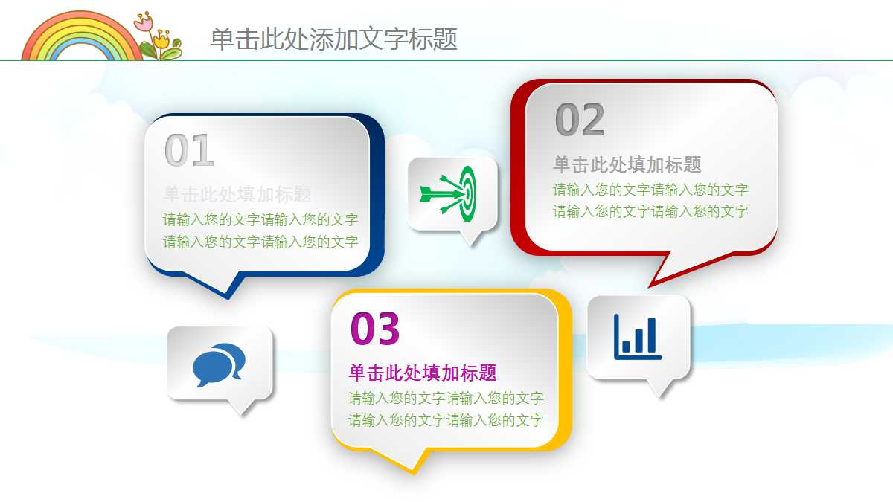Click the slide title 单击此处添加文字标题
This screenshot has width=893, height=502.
click(x=333, y=39)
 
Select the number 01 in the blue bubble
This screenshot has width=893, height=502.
click(x=189, y=151)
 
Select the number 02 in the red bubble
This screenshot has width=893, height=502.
click(x=580, y=120)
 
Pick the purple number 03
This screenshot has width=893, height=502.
click(x=375, y=329)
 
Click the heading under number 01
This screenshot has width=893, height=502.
click(x=237, y=195)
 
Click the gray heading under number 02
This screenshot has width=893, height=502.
click(x=627, y=164)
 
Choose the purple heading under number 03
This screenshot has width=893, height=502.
click(x=422, y=373)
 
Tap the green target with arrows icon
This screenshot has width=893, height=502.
click(x=447, y=193)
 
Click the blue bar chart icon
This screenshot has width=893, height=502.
click(x=637, y=336)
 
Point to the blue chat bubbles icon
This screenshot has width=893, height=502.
click(x=219, y=364)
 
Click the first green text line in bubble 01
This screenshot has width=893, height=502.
click(x=260, y=219)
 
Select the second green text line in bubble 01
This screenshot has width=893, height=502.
click(x=260, y=242)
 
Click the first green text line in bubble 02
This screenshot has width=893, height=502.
click(x=650, y=190)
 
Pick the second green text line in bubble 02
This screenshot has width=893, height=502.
click(x=650, y=211)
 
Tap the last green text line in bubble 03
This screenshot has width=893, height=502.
click(x=446, y=420)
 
